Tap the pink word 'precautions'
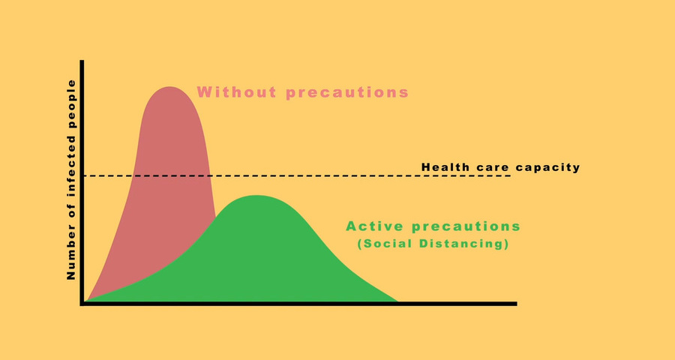click(347, 93)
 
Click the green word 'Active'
click(374, 226)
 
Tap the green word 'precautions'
click(466, 227)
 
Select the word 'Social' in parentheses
click(385, 243)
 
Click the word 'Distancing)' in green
click(464, 243)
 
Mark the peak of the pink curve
click(170, 87)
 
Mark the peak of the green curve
click(256, 196)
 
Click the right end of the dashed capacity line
click(511, 175)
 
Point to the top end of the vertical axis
click(82, 61)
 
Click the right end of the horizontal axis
click(516, 304)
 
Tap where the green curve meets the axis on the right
click(398, 301)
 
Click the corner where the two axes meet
click(82, 304)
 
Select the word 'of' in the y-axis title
click(71, 211)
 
